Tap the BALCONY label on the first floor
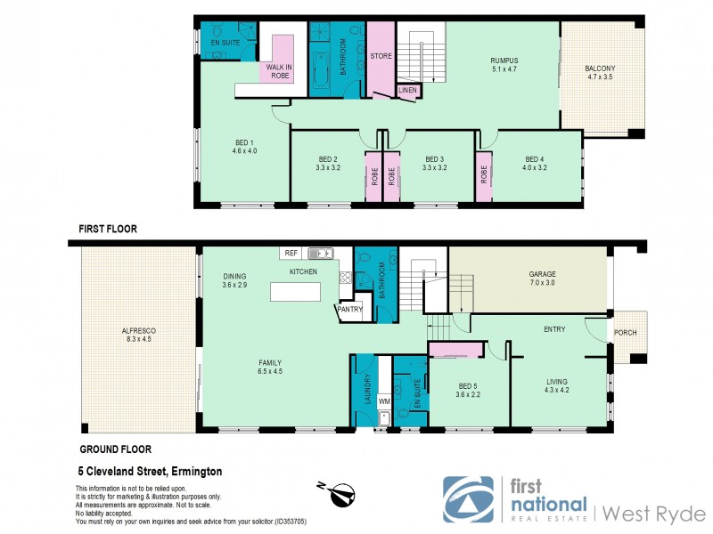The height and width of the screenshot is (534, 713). point(603,69)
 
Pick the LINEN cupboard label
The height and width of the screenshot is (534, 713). point(408,90)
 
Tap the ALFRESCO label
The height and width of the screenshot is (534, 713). point(137,333)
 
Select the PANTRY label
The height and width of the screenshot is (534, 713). point(348,310)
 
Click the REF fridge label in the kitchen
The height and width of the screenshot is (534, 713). point(291,254)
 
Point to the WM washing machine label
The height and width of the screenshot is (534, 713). point(384,402)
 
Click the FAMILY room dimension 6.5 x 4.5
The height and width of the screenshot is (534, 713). point(270,372)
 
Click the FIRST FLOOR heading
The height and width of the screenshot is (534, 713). point(108,229)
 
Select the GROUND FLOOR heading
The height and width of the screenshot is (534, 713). point(115,449)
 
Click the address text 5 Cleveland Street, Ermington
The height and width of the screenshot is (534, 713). point(149,472)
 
